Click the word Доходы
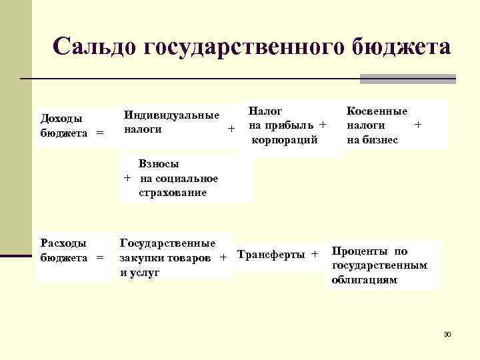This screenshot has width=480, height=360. pos(62,119)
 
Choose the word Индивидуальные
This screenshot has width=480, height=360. pos(172,115)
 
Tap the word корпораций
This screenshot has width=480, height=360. pos(284,139)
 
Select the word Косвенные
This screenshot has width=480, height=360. pos(377,111)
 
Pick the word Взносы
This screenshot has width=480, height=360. pos(159,163)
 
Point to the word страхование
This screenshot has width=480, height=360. pos(173,192)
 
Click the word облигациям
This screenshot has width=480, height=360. pos(364,280)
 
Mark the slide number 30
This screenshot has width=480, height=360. pos(447,333)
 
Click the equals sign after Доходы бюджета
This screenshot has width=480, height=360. pos(100,133)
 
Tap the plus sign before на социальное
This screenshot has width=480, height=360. pos(126,178)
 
